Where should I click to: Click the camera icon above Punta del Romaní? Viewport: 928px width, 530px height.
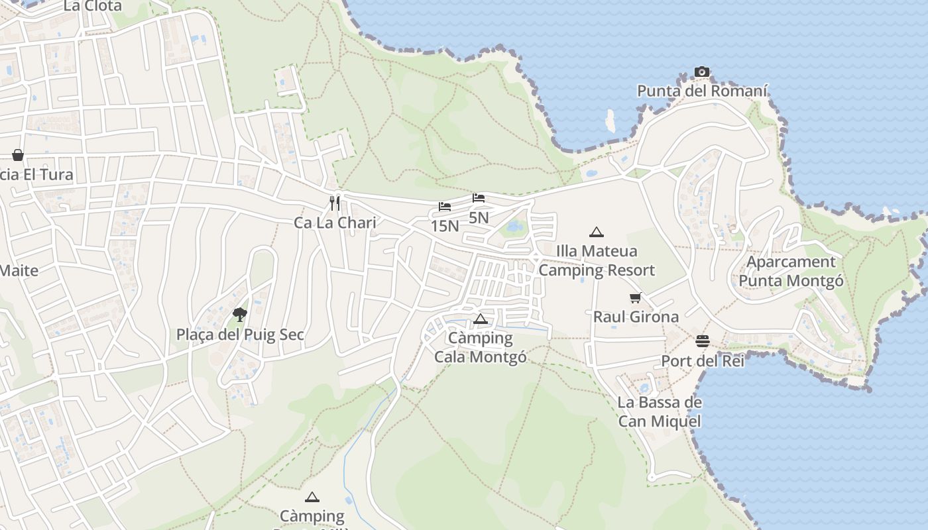(702, 72)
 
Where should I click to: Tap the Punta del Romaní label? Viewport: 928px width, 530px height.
(703, 91)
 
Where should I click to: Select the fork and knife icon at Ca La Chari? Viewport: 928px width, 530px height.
(335, 203)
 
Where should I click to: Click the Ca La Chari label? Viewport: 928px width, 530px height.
(335, 223)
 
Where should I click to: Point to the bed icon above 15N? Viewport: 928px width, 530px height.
(444, 207)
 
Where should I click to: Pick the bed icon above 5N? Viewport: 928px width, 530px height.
(479, 198)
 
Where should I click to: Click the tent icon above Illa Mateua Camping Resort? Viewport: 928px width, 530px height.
(597, 232)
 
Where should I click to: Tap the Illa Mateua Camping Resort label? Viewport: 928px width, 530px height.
(597, 260)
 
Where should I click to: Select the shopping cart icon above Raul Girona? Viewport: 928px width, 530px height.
(636, 298)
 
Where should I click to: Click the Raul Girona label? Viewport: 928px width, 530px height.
(636, 317)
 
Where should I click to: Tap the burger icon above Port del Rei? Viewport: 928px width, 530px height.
(703, 341)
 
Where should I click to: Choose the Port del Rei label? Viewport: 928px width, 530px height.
(703, 361)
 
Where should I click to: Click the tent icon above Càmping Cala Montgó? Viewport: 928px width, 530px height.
(481, 319)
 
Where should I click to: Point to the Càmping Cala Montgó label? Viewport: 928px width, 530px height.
(481, 347)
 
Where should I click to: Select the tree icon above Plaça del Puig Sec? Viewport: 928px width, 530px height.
(240, 314)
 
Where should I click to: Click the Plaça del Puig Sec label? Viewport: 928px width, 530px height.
(240, 335)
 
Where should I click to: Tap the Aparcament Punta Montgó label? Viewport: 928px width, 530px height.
(791, 272)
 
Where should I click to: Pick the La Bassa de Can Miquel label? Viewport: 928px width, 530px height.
(660, 411)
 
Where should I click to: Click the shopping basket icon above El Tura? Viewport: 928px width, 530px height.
(18, 155)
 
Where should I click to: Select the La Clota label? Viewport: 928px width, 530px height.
(93, 7)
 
